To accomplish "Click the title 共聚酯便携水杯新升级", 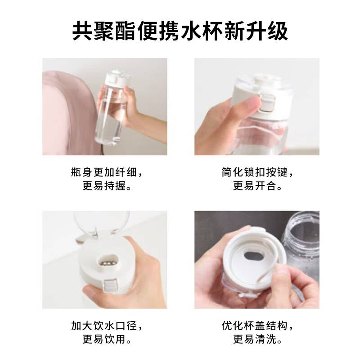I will coord(180,31).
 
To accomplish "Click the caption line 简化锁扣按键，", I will coord(257,173).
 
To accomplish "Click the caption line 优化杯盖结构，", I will coord(257,325).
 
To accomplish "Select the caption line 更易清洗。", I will coord(257,339).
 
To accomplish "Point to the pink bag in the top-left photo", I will coord(67,108).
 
